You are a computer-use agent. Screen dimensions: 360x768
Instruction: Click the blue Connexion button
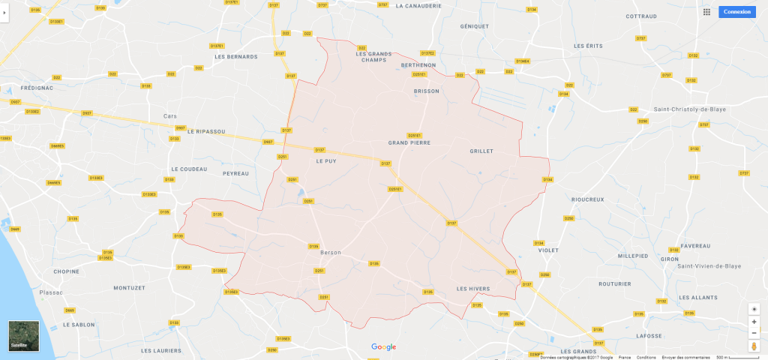[x=736, y=12]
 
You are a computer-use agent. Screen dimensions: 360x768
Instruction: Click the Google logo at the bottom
[x=383, y=346]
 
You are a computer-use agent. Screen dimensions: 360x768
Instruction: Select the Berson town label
[x=331, y=253]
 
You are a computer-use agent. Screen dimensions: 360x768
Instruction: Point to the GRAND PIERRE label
[x=409, y=142]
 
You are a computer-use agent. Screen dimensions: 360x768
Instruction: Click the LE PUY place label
[x=325, y=161]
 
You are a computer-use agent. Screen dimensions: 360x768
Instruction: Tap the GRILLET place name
[x=481, y=151]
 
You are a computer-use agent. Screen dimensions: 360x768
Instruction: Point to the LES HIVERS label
[x=472, y=289]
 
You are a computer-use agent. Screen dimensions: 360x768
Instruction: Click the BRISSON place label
[x=427, y=91]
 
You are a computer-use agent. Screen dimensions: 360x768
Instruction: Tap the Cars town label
[x=170, y=116]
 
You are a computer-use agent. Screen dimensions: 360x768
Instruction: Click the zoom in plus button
[x=754, y=322]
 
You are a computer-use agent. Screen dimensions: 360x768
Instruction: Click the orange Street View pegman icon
[x=754, y=346]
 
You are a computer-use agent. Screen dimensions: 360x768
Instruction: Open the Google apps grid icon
[x=706, y=12]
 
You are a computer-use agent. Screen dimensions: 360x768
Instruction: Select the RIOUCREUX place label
[x=587, y=199]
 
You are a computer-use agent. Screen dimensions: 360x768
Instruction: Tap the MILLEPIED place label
[x=633, y=256]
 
